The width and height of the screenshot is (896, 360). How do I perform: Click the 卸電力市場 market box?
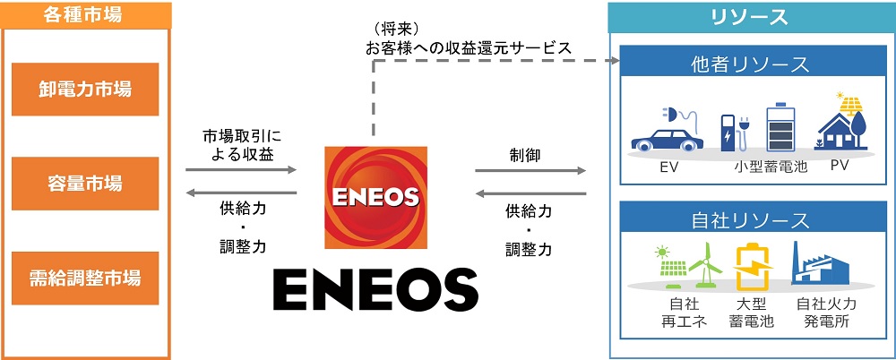point(85,90)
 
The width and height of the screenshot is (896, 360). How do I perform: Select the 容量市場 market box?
point(85,183)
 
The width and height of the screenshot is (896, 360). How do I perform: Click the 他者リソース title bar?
point(750,64)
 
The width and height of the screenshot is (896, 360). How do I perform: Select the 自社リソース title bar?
point(750,219)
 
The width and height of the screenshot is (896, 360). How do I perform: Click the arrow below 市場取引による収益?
point(239,168)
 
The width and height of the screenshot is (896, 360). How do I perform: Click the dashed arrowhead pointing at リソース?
point(616,61)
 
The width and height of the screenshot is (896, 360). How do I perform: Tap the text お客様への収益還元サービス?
point(469,47)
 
